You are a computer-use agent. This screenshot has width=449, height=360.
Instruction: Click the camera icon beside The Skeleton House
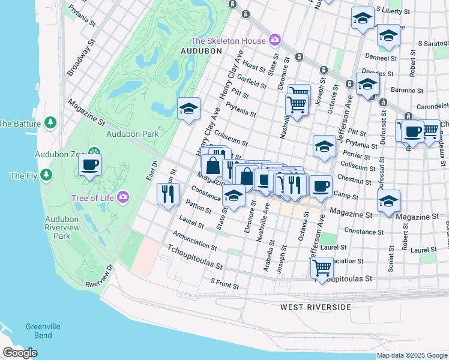(275, 40)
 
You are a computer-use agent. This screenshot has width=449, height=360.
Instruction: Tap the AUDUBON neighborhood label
(202, 52)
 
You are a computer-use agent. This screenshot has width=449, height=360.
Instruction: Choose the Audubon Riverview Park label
(62, 228)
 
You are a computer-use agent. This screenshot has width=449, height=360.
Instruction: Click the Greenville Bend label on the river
(43, 331)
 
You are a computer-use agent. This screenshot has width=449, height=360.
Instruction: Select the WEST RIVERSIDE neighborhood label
(315, 307)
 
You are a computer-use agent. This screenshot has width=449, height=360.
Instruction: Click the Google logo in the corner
(19, 352)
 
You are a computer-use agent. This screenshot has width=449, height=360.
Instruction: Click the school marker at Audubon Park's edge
(188, 110)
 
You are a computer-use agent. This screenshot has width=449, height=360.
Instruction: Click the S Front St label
(224, 281)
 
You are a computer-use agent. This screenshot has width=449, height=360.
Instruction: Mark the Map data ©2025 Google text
(411, 355)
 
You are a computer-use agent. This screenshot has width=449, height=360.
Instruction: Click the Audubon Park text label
(132, 134)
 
